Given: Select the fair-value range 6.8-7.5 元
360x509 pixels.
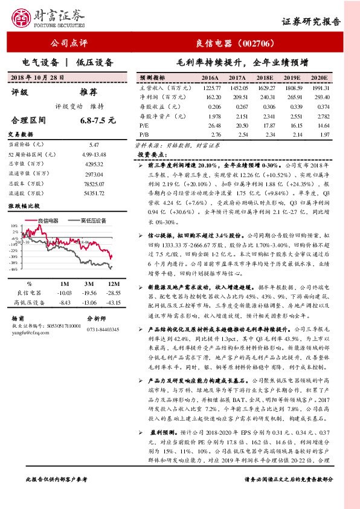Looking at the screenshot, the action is (x=97, y=121).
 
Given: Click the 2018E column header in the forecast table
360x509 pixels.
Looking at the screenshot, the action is (x=265, y=78).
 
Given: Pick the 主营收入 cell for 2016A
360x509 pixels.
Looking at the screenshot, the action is (x=210, y=88).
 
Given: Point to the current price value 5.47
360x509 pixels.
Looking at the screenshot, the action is (x=94, y=145).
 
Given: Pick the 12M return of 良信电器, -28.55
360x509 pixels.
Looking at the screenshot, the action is (x=114, y=293).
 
